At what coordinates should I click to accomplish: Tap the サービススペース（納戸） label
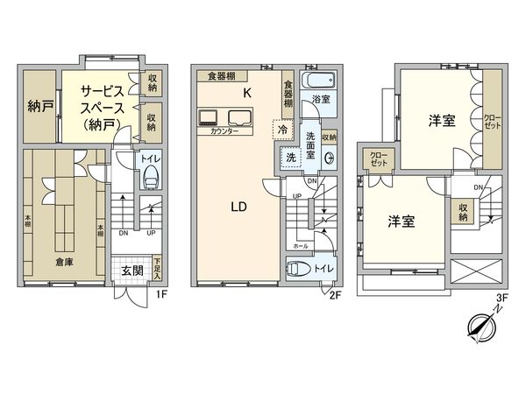(x=103, y=107)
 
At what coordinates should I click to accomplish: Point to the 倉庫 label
(x=64, y=262)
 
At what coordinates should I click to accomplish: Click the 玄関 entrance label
(x=132, y=269)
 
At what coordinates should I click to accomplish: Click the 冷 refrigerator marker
(x=282, y=129)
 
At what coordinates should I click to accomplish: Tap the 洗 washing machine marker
(x=289, y=158)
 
